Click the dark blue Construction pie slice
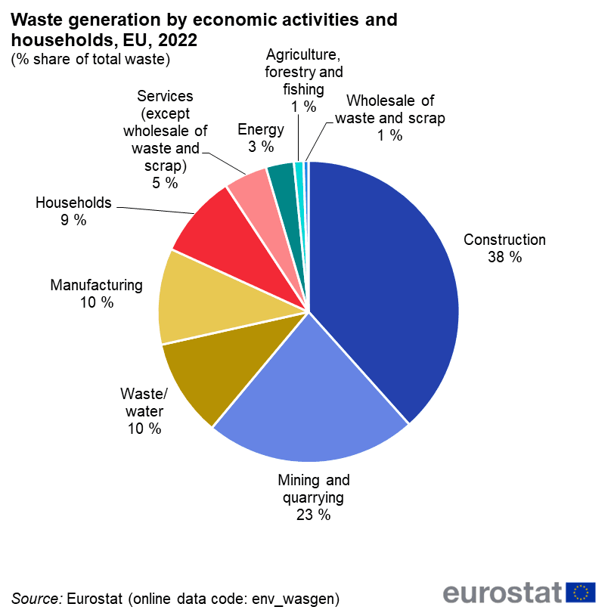click(x=386, y=280)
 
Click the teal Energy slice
click(x=282, y=181)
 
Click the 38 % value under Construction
click(x=504, y=257)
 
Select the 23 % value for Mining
click(x=313, y=515)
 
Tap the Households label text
click(x=73, y=203)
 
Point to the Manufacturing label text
click(x=96, y=286)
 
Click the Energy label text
click(x=260, y=129)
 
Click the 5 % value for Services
click(x=165, y=183)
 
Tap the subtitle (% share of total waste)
click(x=91, y=59)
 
